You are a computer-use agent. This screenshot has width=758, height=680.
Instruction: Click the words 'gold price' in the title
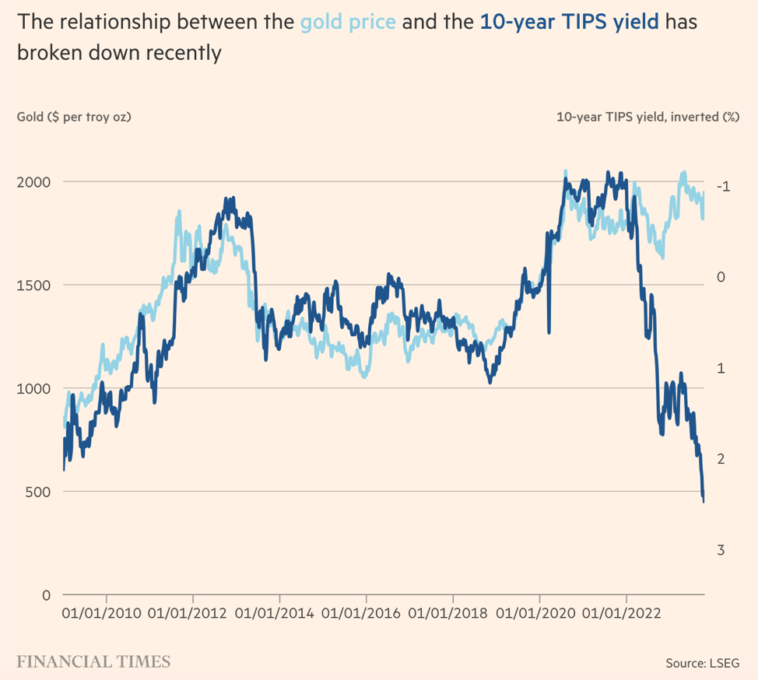click(348, 21)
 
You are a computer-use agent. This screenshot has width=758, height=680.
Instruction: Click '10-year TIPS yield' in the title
click(570, 21)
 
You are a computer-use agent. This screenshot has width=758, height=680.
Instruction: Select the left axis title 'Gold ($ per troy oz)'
click(74, 117)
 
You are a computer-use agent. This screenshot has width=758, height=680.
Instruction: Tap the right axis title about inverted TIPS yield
click(647, 117)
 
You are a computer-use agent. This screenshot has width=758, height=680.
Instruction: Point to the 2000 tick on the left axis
click(34, 181)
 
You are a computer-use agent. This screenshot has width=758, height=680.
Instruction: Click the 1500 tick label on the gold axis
click(34, 285)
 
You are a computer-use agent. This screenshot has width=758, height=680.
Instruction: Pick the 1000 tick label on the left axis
click(34, 388)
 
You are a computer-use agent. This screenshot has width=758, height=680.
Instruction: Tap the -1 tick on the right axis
click(723, 186)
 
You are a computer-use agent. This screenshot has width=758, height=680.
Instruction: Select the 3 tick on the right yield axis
click(721, 550)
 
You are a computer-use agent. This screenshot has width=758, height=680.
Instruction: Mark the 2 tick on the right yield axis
click(721, 459)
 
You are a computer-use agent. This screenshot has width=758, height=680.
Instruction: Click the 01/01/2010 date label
click(101, 612)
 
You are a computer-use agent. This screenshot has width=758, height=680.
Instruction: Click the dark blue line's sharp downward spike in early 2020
click(549, 331)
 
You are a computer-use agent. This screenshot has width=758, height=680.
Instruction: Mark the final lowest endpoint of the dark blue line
click(704, 501)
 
